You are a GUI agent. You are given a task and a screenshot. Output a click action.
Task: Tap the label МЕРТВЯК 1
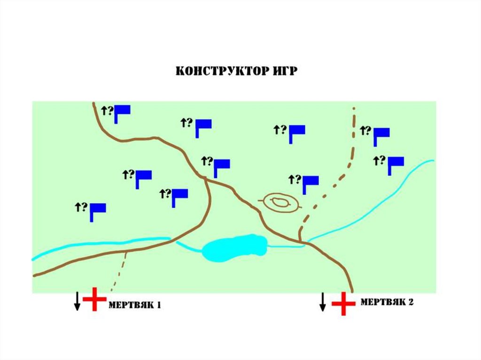pyautogui.click(x=135, y=305)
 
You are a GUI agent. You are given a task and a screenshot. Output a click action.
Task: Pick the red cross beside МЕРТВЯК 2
pyautogui.click(x=343, y=303)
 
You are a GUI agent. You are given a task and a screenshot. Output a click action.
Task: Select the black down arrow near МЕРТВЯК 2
pyautogui.click(x=323, y=301)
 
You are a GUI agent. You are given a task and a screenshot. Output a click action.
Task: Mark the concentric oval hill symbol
pyautogui.click(x=280, y=203)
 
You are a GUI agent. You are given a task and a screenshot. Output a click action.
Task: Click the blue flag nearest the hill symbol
pyautogui.click(x=310, y=183)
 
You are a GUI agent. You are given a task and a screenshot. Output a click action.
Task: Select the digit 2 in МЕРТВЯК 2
pyautogui.click(x=411, y=302)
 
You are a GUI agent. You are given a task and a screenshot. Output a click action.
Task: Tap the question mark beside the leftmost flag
pyautogui.click(x=85, y=206)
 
